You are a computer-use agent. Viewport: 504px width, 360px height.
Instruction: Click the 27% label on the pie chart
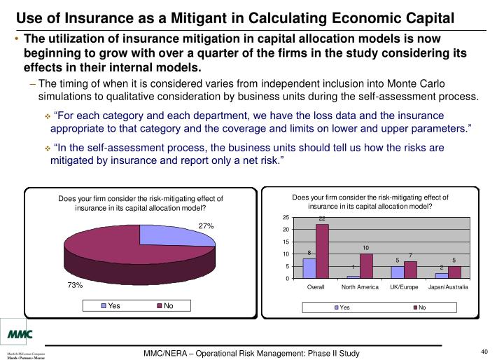point(206,226)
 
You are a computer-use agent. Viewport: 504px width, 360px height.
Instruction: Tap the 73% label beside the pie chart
point(76,285)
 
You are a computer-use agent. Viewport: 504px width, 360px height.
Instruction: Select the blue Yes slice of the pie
point(171,235)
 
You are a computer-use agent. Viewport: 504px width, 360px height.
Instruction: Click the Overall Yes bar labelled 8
point(309,268)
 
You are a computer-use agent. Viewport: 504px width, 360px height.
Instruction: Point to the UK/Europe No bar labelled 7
point(410,270)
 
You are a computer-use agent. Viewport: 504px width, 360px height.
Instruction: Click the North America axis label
point(360,287)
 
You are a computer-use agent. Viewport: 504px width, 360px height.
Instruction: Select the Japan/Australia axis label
point(448,287)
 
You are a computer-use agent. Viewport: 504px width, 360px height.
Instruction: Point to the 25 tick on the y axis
point(286,218)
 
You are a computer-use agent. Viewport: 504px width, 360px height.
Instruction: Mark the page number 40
point(484,352)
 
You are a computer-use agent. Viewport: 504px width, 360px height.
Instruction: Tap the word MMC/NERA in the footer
point(169,353)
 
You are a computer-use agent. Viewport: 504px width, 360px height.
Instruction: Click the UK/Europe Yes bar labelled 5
point(398,272)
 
